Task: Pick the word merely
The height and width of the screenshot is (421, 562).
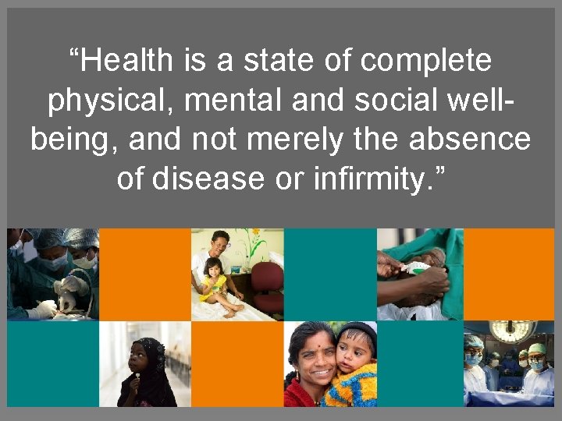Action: [x=315, y=140]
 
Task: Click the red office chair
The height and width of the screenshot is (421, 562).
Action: [x=265, y=285]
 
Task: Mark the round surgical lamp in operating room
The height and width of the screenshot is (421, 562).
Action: [x=513, y=331]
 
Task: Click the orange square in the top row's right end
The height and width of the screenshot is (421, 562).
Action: [x=510, y=273]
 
